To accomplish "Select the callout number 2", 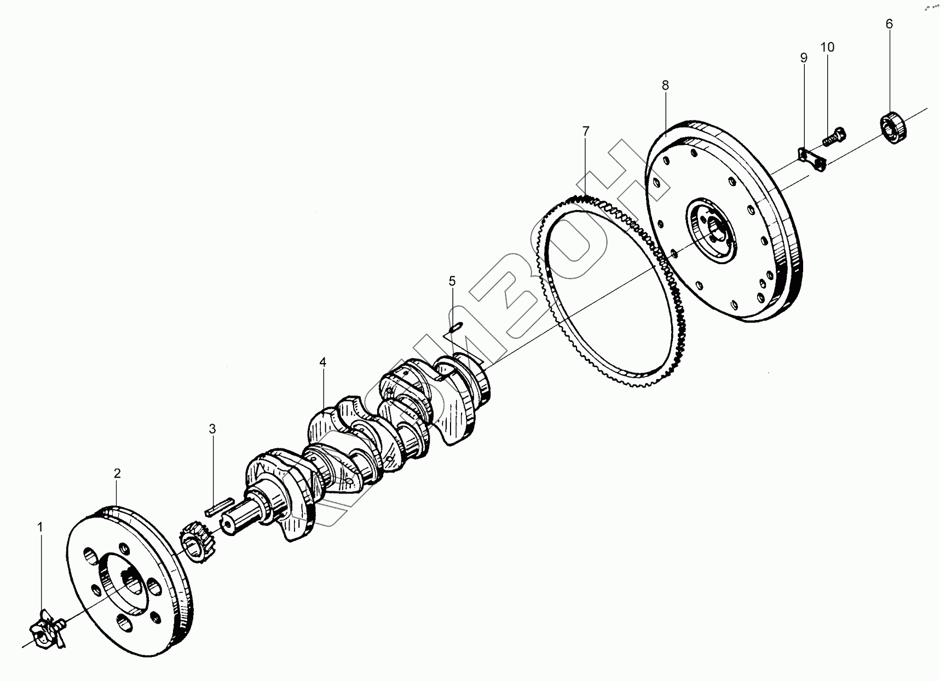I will pyautogui.click(x=117, y=474).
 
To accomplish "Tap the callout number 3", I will pyautogui.click(x=212, y=429).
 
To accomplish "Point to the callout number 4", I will pyautogui.click(x=323, y=362).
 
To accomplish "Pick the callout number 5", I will pyautogui.click(x=452, y=281).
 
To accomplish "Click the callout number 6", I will pyautogui.click(x=889, y=24).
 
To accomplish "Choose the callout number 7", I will pyautogui.click(x=586, y=131).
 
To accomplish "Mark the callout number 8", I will pyautogui.click(x=665, y=85).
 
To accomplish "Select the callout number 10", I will pyautogui.click(x=827, y=48).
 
